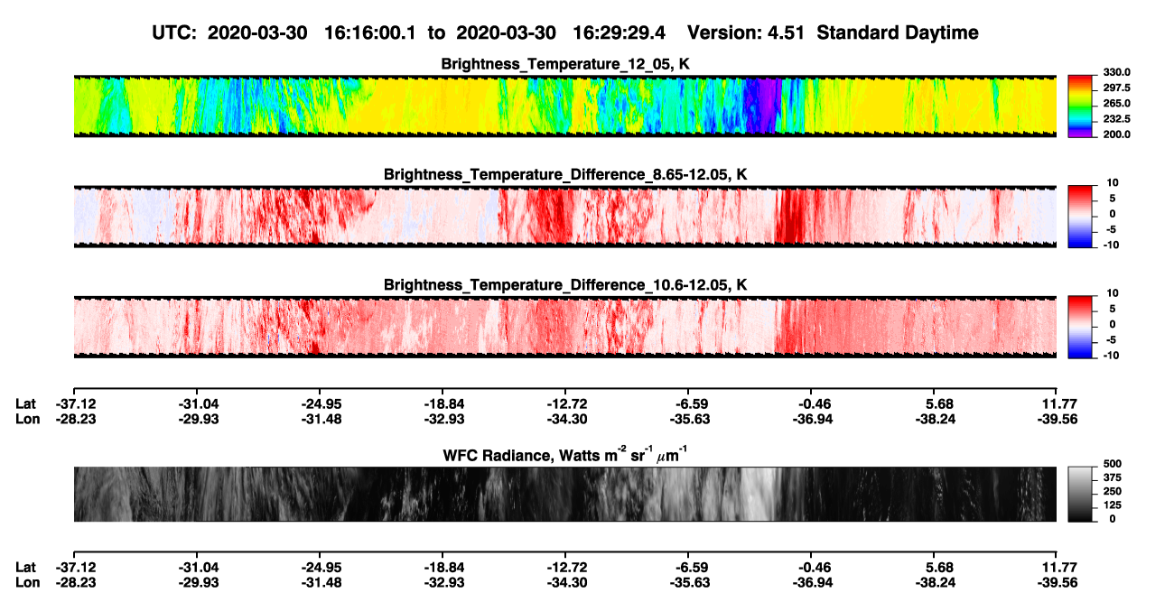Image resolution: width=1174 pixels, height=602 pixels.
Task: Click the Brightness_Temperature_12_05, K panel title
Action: point(565,64)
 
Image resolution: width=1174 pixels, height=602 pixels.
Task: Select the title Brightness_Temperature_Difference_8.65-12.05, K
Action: point(565,175)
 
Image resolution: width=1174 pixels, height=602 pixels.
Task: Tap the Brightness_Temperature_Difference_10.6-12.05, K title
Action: point(565,285)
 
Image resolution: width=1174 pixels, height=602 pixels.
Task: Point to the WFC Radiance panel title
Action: point(565,454)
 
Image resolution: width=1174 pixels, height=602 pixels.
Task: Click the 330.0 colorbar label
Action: point(1116,72)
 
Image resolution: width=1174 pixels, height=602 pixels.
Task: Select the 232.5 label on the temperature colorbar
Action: point(1116,119)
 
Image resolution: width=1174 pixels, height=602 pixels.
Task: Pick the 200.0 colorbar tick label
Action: point(1116,134)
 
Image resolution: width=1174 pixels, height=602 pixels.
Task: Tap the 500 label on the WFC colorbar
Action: point(1113,464)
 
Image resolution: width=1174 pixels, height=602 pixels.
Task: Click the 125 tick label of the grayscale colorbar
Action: point(1113,505)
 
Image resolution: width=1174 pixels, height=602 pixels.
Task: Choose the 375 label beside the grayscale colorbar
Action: point(1113,477)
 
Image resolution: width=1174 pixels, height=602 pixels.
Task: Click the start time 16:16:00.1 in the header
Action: point(370,33)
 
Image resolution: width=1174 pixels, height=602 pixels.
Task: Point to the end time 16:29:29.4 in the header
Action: point(619,33)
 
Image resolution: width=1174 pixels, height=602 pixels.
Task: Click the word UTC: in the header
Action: point(174,33)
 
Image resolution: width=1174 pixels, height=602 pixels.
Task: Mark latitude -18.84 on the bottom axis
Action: point(443,568)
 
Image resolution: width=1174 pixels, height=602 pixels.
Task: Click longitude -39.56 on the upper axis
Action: point(1058,419)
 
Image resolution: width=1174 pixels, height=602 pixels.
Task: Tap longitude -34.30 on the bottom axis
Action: point(566,583)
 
